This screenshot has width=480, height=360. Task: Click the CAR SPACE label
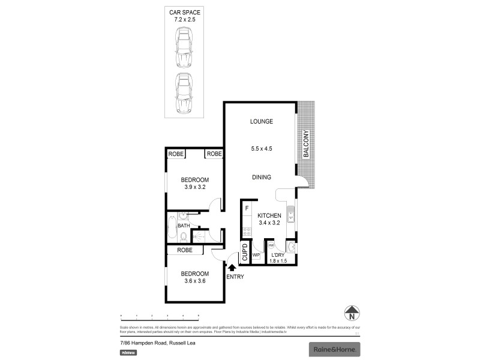point(184,13)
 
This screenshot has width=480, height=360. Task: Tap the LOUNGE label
point(262,121)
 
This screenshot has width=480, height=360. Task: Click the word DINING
point(262,177)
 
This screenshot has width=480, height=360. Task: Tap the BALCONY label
point(306,144)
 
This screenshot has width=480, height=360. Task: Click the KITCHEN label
point(269,215)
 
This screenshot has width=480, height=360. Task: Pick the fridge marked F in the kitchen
point(247,209)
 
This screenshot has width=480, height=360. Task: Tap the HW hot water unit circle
point(271,246)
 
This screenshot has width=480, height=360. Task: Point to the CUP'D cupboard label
point(245,253)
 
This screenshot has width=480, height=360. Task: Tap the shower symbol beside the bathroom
point(195,237)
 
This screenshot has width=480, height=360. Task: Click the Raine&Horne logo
point(334,349)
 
